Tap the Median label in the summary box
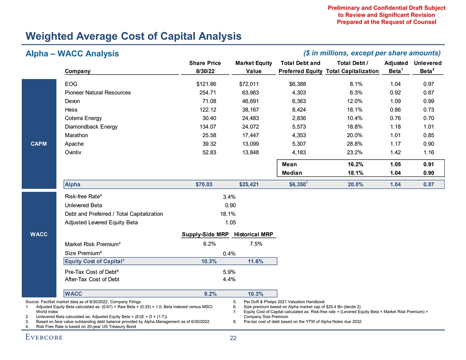pyautogui.click(x=292, y=173)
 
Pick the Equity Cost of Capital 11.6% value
pyautogui.click(x=256, y=262)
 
